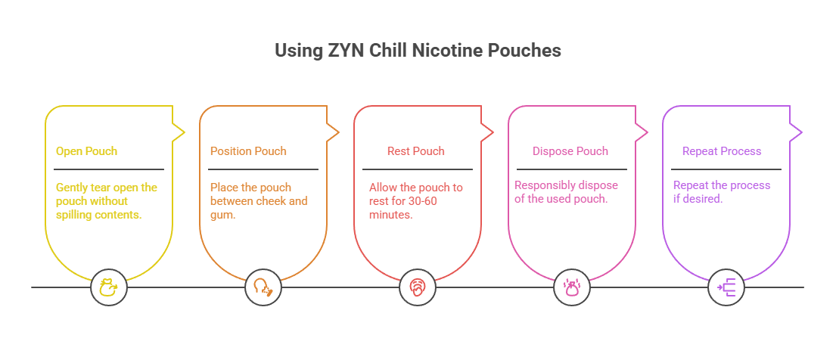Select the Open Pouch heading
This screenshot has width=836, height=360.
click(x=86, y=151)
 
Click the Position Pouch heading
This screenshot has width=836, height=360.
click(x=248, y=151)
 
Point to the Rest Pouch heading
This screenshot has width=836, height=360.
click(x=415, y=151)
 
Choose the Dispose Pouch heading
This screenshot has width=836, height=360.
click(x=570, y=151)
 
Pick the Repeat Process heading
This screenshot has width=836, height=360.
click(x=721, y=151)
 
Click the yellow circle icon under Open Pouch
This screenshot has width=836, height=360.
click(x=109, y=287)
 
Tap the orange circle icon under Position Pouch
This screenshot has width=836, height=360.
click(x=263, y=287)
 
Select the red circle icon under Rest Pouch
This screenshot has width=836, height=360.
click(x=418, y=287)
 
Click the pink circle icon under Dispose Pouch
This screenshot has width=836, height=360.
click(x=572, y=287)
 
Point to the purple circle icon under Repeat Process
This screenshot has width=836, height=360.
click(x=726, y=287)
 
